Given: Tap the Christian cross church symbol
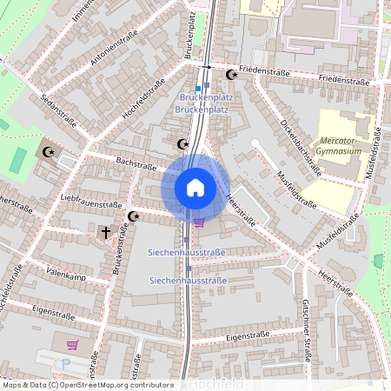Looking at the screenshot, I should [106, 233].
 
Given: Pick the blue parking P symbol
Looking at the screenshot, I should [67, 365].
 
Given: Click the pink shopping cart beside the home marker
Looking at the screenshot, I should [199, 222].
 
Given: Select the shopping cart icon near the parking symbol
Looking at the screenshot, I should [71, 345].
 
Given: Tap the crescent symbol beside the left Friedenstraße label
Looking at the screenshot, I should [231, 75].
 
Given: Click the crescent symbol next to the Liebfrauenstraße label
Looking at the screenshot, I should [133, 215].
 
